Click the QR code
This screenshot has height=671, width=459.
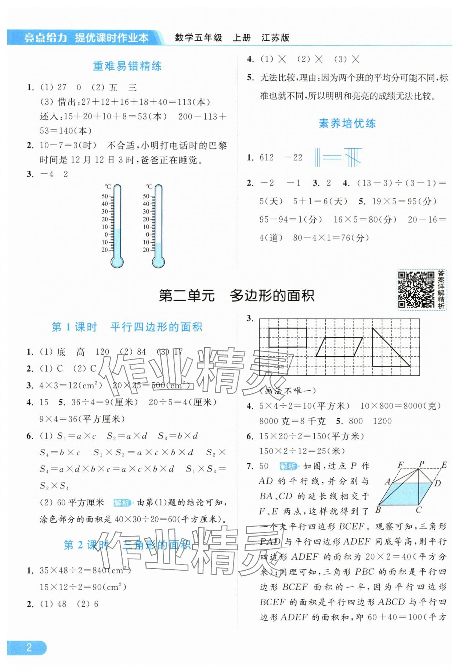coord(416,289)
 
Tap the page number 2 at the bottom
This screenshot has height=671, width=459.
coord(29,647)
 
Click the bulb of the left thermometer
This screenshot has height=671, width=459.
coord(117,262)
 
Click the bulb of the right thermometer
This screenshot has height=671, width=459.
coord(158,262)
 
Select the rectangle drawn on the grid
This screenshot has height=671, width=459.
coord(288,338)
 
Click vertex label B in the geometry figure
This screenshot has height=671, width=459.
coord(378,510)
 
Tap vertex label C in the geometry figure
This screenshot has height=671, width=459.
coord(419,510)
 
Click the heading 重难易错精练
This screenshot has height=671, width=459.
coord(127,66)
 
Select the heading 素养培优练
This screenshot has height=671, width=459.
coord(347,123)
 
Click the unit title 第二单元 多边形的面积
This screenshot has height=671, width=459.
coord(236,296)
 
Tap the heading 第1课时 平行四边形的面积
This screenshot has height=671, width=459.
coord(127,327)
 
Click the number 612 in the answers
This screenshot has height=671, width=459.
coord(267,158)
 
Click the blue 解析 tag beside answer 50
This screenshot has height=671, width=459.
coord(288,466)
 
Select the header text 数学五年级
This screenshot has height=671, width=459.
coord(198,37)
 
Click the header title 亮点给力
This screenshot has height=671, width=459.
coord(46,37)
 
